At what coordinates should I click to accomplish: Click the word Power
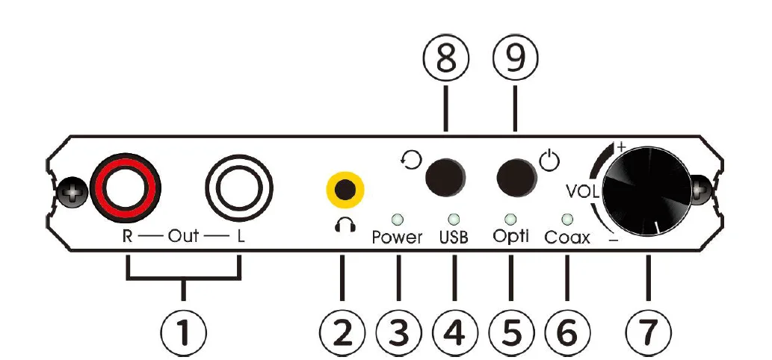pos(398,238)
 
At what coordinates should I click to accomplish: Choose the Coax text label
pos(567,238)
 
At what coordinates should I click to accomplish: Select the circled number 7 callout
pos(647,331)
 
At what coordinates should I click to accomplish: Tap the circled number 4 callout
pos(454,331)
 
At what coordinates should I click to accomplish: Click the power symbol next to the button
pos(549,160)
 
